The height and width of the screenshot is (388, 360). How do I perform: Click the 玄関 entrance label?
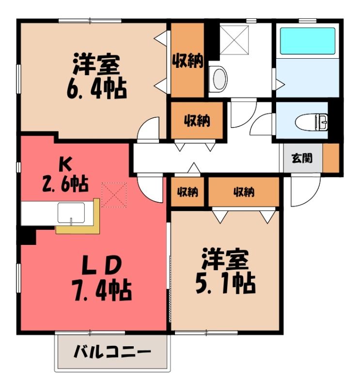(302, 158)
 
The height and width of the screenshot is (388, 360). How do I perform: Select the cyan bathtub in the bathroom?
(308, 41)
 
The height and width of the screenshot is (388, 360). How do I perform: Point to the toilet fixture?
(312, 122)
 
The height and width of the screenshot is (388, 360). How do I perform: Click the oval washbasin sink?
(219, 79)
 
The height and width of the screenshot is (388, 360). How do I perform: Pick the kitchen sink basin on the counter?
(71, 213)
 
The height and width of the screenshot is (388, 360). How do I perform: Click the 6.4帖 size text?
(97, 89)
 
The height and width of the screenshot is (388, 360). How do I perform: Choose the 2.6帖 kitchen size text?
(65, 183)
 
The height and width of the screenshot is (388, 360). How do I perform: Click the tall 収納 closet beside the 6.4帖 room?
(188, 60)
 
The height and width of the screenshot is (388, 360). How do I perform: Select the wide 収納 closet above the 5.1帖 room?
(244, 192)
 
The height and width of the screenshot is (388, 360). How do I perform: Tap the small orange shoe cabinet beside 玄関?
(331, 158)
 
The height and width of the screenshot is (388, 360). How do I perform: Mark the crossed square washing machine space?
(234, 40)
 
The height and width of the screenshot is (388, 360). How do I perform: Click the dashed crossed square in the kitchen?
(114, 195)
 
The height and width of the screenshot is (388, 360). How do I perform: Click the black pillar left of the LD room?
(28, 236)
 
